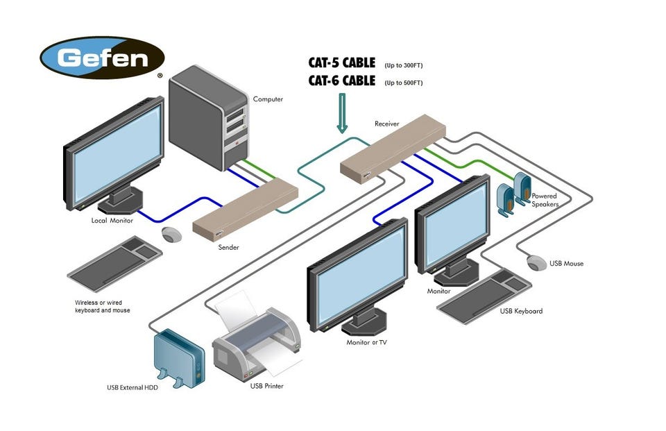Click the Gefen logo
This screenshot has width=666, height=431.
(x=102, y=58)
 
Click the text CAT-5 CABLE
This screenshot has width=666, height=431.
(x=341, y=63)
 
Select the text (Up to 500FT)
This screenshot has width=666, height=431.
(x=403, y=83)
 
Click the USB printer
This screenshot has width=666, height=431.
(x=257, y=344)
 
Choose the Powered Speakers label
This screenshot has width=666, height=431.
(x=545, y=200)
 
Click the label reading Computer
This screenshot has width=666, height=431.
(x=268, y=99)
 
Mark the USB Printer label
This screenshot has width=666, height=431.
(x=266, y=386)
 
